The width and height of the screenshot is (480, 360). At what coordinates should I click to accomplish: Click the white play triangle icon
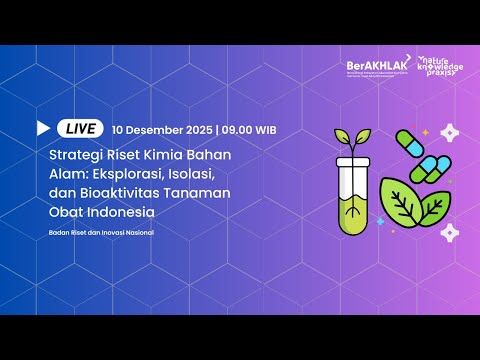[43, 129]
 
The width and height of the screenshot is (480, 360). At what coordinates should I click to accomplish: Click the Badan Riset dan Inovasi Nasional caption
[101, 234]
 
